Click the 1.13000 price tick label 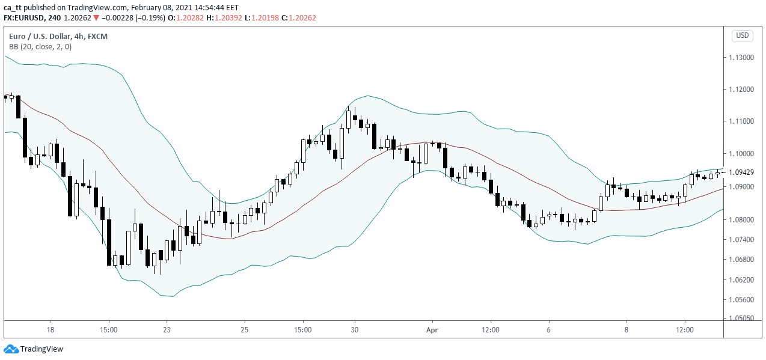tap(741, 58)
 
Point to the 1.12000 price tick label tap(741, 90)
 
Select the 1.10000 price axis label tap(741, 154)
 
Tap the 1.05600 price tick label tap(741, 300)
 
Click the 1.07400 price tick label tap(741, 240)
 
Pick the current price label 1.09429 tap(741, 172)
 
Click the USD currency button tap(743, 35)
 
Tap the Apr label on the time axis tap(432, 330)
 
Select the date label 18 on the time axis tap(51, 330)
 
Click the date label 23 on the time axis tap(167, 330)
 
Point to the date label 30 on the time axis tap(355, 330)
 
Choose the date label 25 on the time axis tap(244, 330)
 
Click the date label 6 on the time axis tap(549, 330)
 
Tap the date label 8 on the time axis tap(627, 330)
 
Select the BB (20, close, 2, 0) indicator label tap(40, 47)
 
